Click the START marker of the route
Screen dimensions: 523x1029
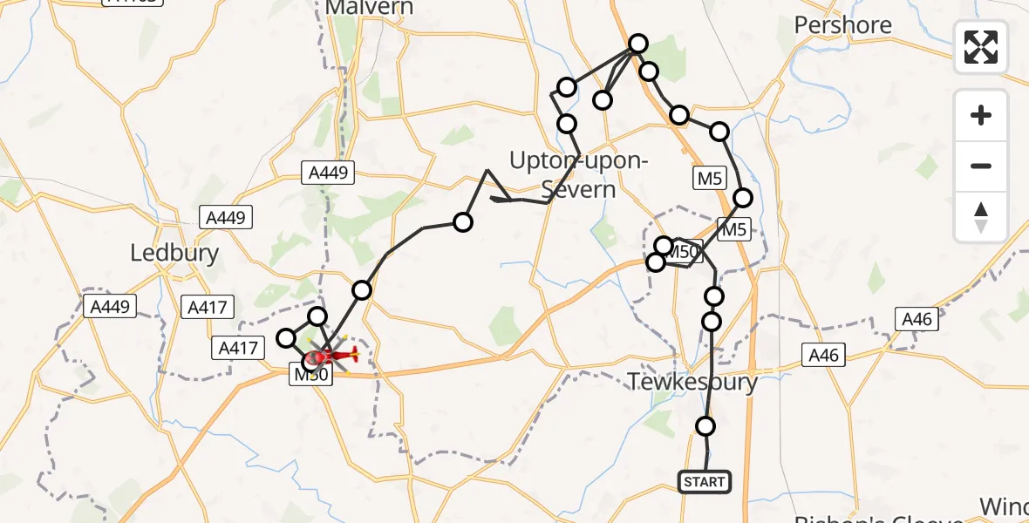(704, 482)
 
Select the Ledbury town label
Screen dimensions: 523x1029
(174, 253)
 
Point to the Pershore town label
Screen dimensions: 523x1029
(842, 25)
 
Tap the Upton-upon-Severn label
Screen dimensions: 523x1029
(578, 175)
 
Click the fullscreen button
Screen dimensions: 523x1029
(981, 47)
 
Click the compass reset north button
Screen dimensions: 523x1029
(981, 216)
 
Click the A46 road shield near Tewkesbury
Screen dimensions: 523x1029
(823, 355)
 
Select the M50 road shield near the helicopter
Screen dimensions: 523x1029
(309, 375)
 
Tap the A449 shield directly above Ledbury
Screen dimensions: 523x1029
(226, 217)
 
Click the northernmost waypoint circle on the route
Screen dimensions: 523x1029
(638, 44)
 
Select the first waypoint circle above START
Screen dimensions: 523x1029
(705, 426)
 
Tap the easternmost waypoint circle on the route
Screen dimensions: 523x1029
(742, 198)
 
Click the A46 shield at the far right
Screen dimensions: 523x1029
(917, 320)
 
